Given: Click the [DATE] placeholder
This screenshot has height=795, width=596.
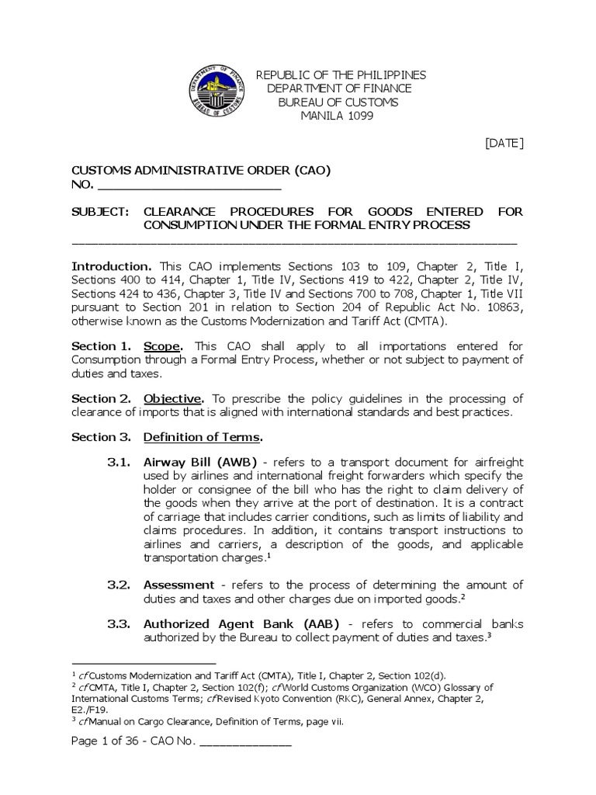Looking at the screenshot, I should [504, 142].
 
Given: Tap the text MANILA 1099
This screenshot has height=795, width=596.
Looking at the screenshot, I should [337, 116].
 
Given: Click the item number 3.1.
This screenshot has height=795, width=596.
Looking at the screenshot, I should [117, 462].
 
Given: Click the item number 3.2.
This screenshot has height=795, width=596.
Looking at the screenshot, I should [117, 584].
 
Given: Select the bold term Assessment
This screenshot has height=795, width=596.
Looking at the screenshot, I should [178, 584].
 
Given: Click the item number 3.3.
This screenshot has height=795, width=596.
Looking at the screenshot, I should [117, 623].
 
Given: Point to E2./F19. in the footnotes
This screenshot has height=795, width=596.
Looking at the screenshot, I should [87, 710].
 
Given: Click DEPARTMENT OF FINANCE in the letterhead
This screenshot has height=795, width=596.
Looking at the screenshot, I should [339, 89].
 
